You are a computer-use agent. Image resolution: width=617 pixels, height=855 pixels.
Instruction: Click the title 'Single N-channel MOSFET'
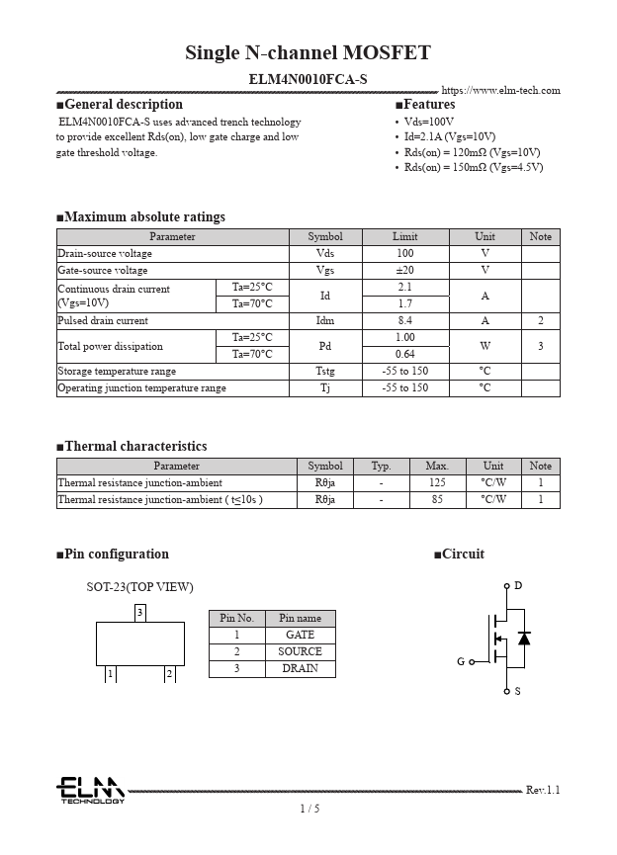point(308,53)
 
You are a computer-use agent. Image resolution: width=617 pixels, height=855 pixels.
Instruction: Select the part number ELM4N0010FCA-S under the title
point(308,78)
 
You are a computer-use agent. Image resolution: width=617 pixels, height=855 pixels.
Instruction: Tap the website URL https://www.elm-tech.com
point(500,91)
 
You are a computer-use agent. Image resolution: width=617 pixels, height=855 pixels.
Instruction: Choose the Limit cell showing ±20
point(404,270)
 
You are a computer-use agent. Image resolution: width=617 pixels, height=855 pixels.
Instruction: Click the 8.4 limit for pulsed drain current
point(404,321)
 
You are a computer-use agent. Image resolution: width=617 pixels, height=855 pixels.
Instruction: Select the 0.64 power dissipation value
point(404,354)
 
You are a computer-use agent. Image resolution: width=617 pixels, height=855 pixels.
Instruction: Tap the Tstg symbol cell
point(325,372)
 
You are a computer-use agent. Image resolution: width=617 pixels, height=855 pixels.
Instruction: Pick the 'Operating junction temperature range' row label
point(142,388)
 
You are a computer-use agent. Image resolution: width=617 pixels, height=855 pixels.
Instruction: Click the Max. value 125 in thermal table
point(436,482)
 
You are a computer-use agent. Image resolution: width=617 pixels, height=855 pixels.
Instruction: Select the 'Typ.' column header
point(381,466)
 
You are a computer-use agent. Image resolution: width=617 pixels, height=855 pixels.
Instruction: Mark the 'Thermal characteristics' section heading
point(135,447)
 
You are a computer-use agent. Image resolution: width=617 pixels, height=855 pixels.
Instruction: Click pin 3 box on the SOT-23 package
point(140,613)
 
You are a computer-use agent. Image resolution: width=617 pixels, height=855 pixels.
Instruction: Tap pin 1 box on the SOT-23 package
point(110,673)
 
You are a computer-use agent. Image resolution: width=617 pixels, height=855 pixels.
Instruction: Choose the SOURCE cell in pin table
point(300,651)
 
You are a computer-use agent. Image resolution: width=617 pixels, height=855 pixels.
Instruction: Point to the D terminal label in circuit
point(517,586)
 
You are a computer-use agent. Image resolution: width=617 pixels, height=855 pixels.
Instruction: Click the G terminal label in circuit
point(460,661)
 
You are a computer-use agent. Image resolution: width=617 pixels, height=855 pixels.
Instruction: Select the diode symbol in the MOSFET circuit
point(524,639)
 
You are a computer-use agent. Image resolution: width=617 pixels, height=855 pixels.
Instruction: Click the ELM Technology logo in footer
point(90,790)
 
